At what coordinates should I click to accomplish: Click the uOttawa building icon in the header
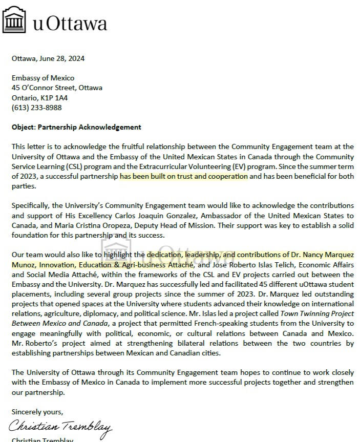coord(15,22)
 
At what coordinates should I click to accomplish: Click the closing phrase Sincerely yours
coord(37,412)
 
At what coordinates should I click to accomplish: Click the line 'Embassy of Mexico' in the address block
coord(43,78)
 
